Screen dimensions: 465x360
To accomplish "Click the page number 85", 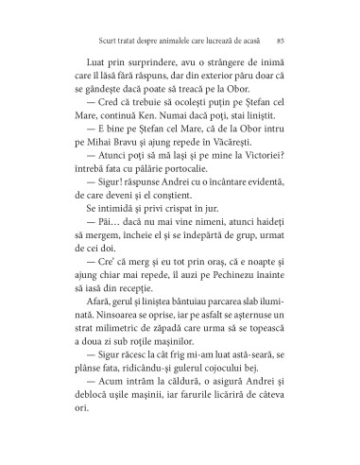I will click(x=283, y=41).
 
